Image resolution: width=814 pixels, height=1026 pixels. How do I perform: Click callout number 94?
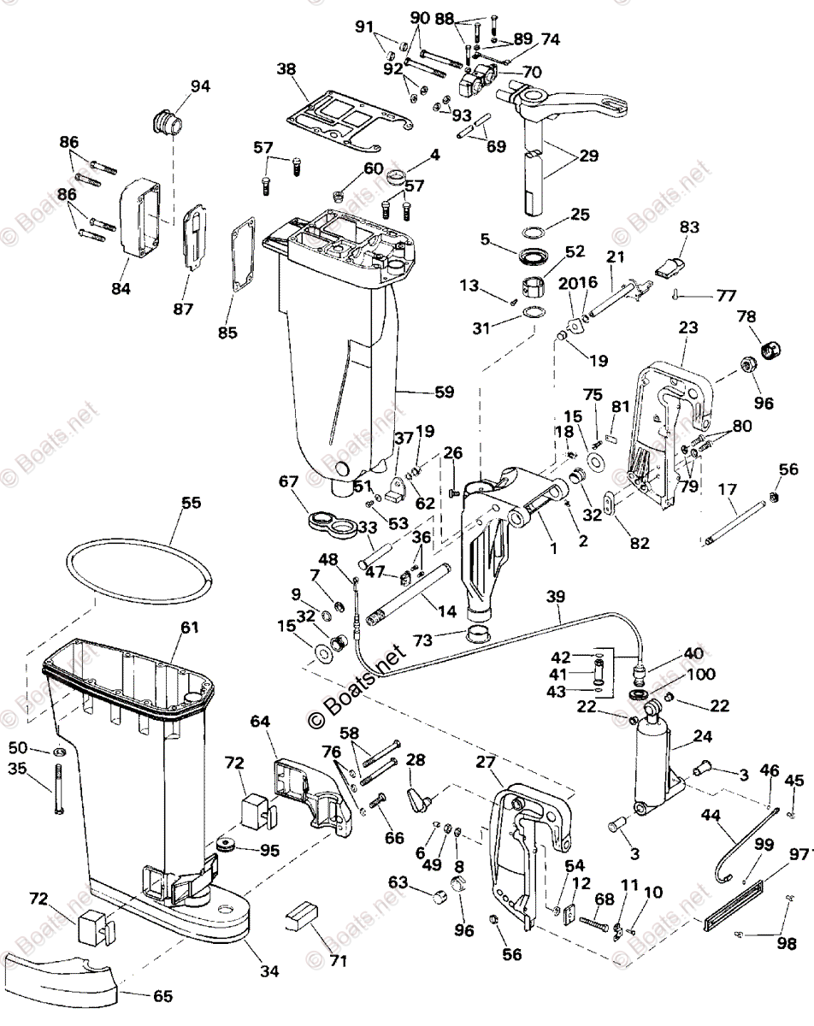[200, 86]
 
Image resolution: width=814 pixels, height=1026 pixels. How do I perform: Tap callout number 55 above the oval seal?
[192, 503]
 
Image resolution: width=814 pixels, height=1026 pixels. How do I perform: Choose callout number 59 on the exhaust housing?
[444, 392]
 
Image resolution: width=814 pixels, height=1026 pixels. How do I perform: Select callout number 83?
[689, 227]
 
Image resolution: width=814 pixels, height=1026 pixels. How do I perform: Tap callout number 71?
[339, 961]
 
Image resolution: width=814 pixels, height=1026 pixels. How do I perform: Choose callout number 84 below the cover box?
[121, 288]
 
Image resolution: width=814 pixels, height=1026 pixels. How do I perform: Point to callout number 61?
[189, 628]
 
